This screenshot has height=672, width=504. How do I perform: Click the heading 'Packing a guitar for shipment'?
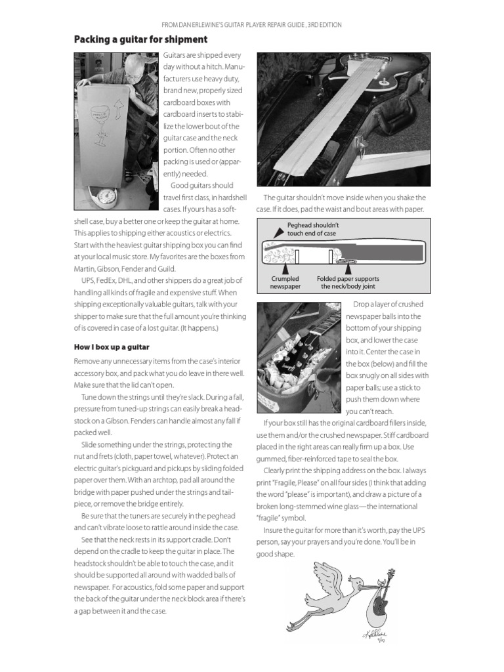[x=140, y=40]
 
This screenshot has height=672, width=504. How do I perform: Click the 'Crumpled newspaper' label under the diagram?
[x=285, y=283]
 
